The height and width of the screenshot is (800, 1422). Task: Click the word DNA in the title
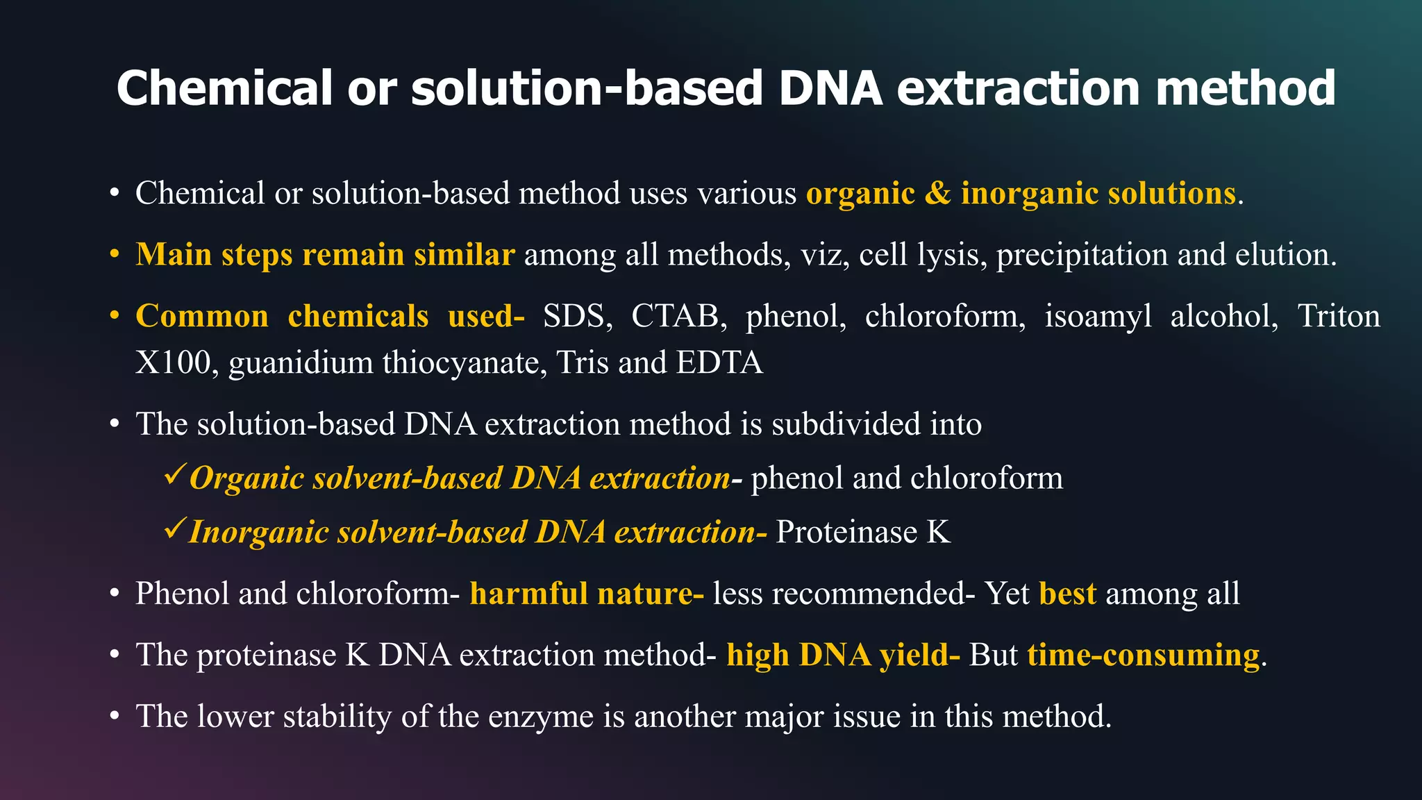(x=830, y=88)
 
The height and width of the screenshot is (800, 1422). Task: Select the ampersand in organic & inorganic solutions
(x=937, y=193)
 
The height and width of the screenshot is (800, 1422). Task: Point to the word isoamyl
(x=1097, y=316)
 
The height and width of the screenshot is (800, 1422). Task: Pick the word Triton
(x=1338, y=316)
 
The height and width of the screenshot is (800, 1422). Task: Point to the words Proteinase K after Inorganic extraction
(x=862, y=532)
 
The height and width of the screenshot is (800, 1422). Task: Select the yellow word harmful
(x=528, y=594)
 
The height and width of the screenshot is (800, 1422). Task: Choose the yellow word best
(x=1067, y=594)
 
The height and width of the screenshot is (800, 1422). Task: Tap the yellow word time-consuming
(x=1143, y=655)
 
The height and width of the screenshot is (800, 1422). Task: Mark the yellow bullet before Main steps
(x=115, y=255)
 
